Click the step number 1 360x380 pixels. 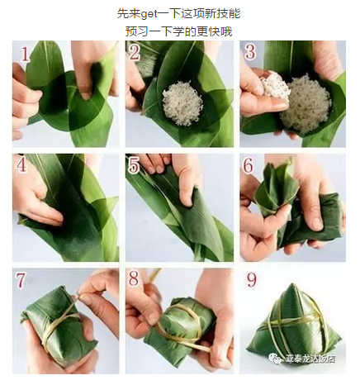(25, 54)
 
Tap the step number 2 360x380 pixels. (135, 52)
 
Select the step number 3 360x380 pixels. (250, 51)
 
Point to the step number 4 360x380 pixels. (22, 165)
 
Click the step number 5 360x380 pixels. (134, 165)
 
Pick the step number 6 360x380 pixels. (249, 165)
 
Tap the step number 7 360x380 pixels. (21, 280)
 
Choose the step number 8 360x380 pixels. (134, 278)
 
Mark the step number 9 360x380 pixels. (251, 280)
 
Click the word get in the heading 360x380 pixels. (149, 14)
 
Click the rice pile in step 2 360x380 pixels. (182, 102)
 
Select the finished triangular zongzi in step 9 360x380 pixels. (292, 325)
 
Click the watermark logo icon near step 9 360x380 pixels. (275, 359)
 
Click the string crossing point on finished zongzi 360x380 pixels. (277, 322)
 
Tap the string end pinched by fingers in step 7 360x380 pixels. (79, 296)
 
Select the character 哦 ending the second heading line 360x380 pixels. (227, 31)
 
